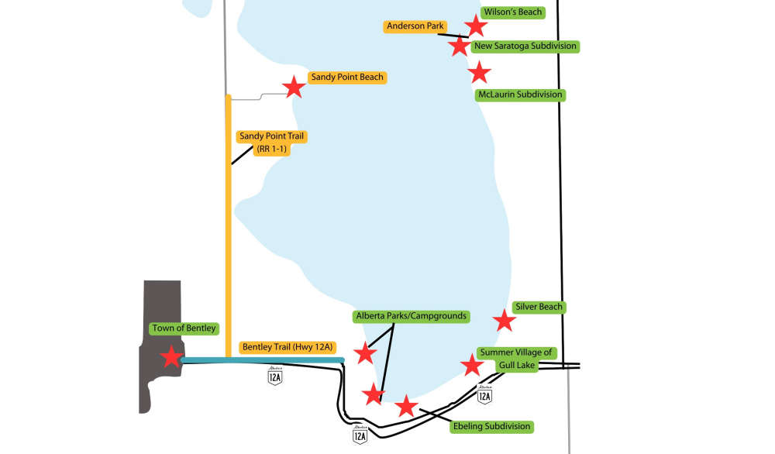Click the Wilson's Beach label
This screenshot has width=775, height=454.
point(512,12)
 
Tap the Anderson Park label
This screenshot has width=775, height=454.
point(415,26)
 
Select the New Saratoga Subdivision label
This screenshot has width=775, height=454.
point(525,46)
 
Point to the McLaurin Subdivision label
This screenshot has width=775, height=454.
point(520,95)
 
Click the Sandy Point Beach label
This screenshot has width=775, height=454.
point(347,77)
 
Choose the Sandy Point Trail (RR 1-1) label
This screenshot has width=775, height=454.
point(271,143)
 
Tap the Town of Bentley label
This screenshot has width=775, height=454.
point(184,328)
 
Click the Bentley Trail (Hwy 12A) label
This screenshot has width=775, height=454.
point(288,347)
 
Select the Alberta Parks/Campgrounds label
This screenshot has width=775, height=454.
point(412,316)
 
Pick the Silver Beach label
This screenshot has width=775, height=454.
point(539,308)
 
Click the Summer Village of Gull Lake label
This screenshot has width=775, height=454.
point(516,359)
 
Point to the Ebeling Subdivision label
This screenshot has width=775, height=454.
point(492,427)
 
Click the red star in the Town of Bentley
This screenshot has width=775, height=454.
point(171,356)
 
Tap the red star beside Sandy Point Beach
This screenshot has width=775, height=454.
point(294,87)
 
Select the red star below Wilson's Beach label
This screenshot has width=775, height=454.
point(476,26)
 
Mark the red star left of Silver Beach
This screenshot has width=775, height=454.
point(505,321)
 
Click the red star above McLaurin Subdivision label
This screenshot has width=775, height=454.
point(479,73)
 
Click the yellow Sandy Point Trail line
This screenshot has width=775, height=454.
point(229,225)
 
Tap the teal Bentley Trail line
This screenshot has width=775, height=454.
point(263,360)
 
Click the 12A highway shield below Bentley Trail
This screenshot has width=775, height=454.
point(275,376)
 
